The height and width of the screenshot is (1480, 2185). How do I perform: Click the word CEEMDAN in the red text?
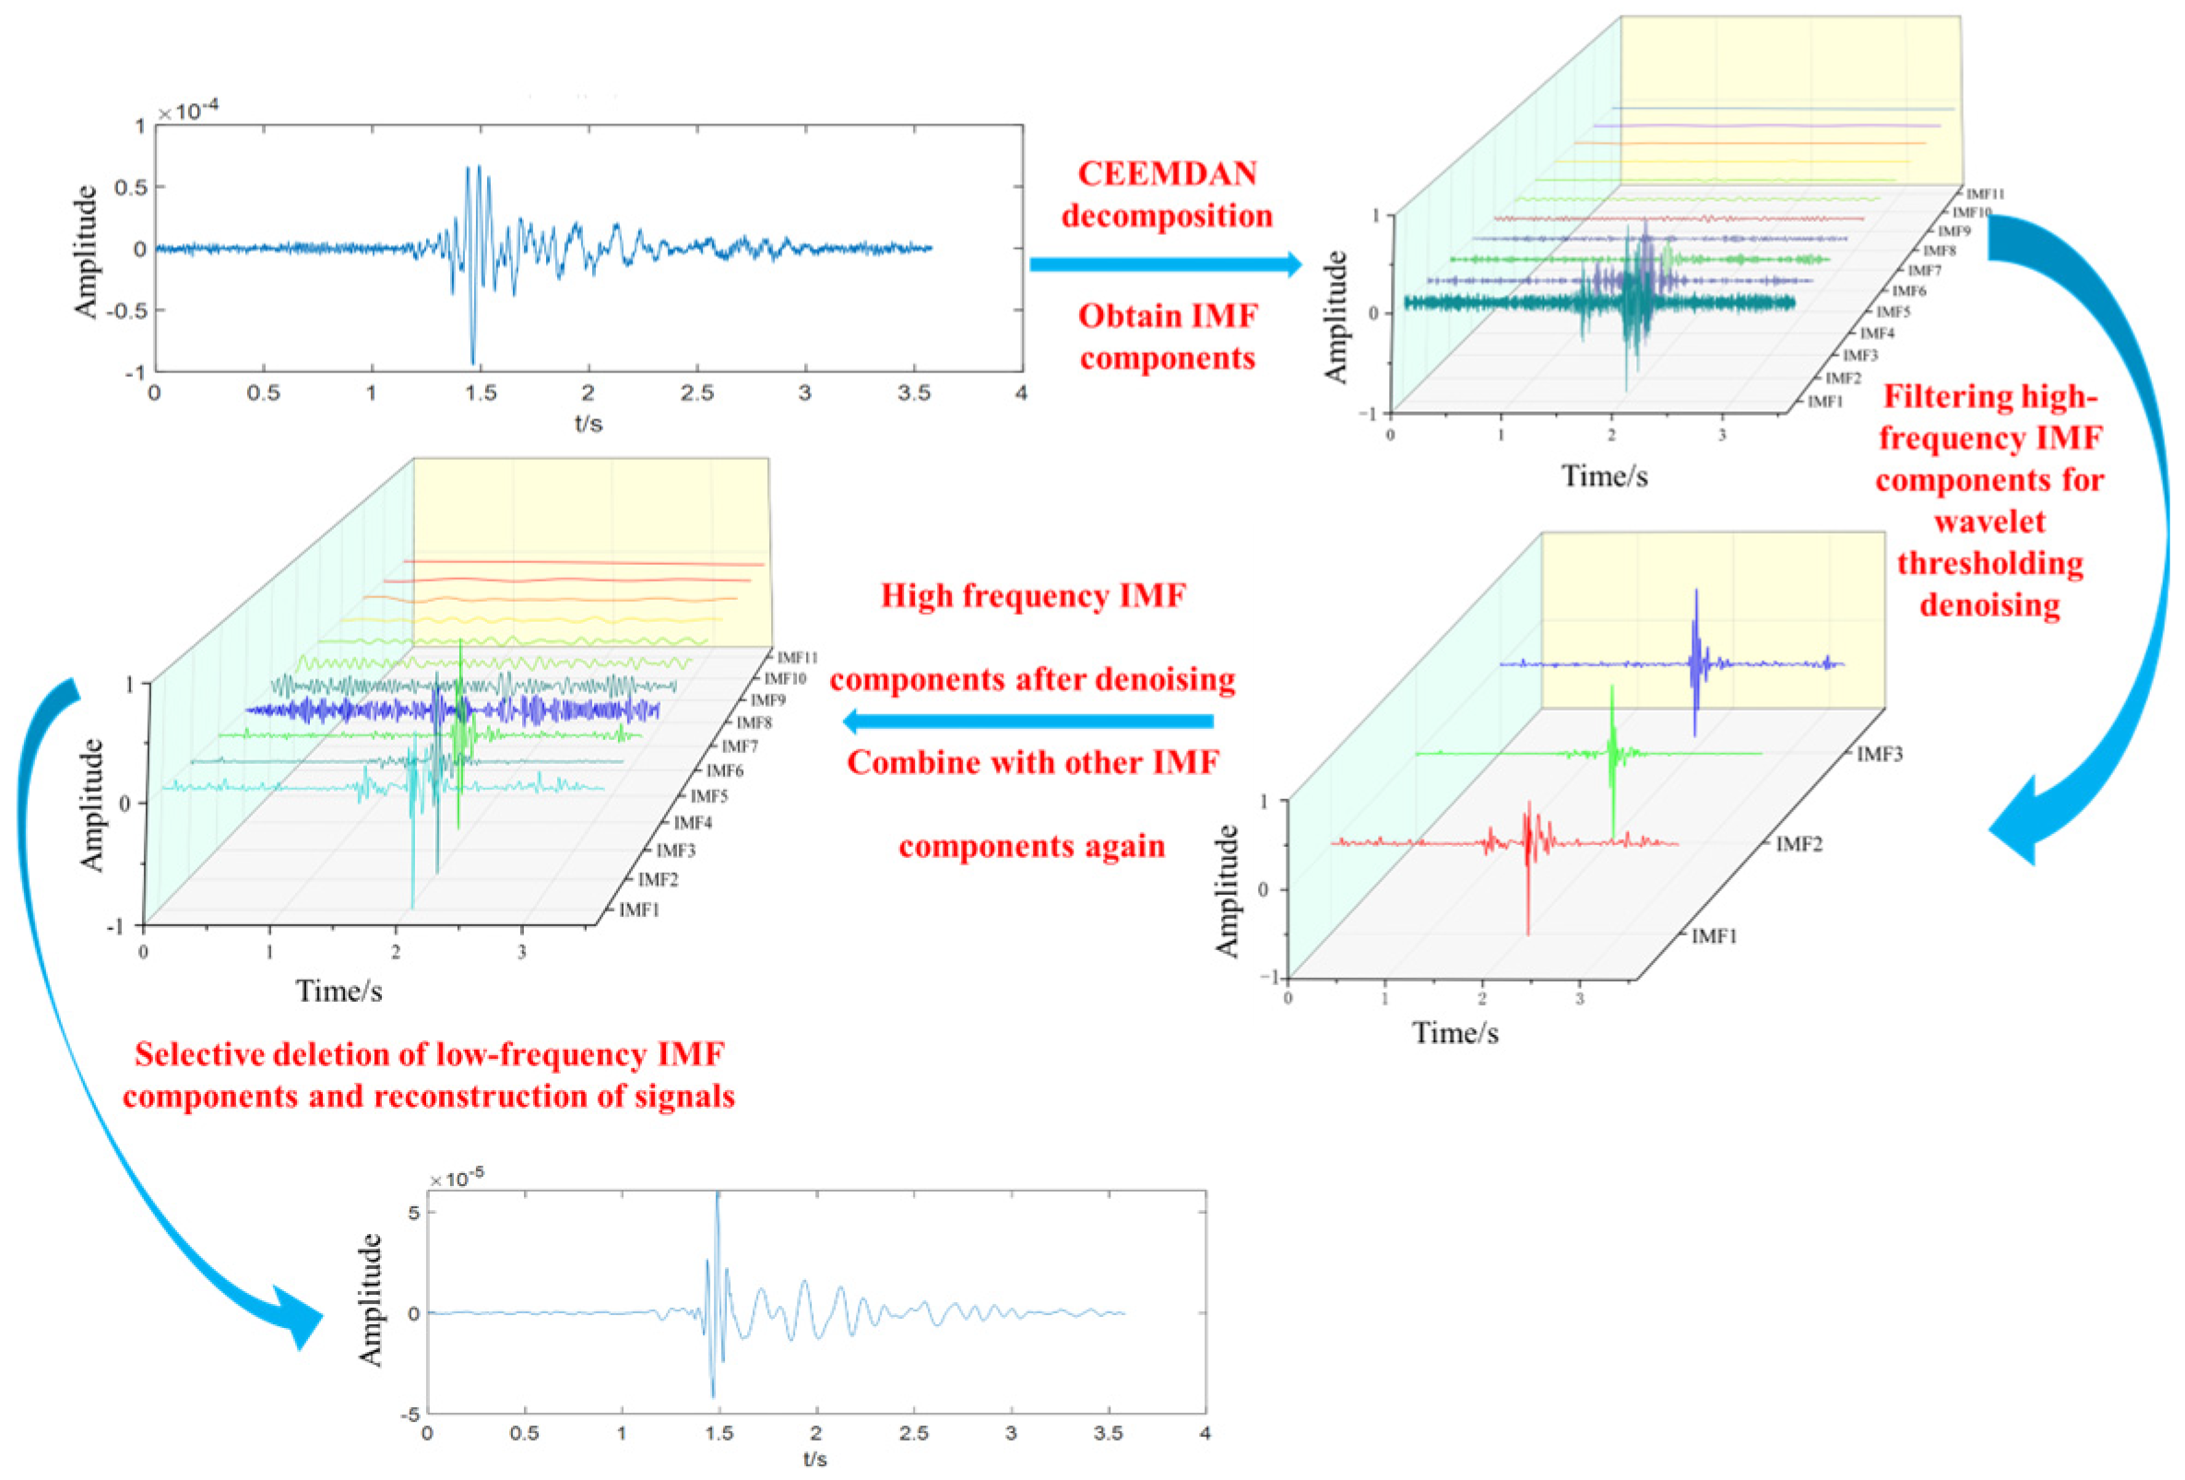1167,174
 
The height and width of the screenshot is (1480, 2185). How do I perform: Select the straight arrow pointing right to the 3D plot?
1166,264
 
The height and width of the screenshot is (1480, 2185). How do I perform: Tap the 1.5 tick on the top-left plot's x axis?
480,393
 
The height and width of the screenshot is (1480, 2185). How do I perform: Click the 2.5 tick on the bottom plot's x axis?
913,1433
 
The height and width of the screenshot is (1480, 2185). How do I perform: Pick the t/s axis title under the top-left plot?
588,423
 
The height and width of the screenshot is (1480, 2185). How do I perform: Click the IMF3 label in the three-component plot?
1879,755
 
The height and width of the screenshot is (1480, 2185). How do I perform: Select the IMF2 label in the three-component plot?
1798,844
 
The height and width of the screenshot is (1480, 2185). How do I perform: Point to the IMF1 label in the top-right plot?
1825,402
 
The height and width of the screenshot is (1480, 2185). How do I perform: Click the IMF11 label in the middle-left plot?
797,658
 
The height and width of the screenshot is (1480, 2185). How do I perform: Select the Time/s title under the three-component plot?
1455,1033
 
